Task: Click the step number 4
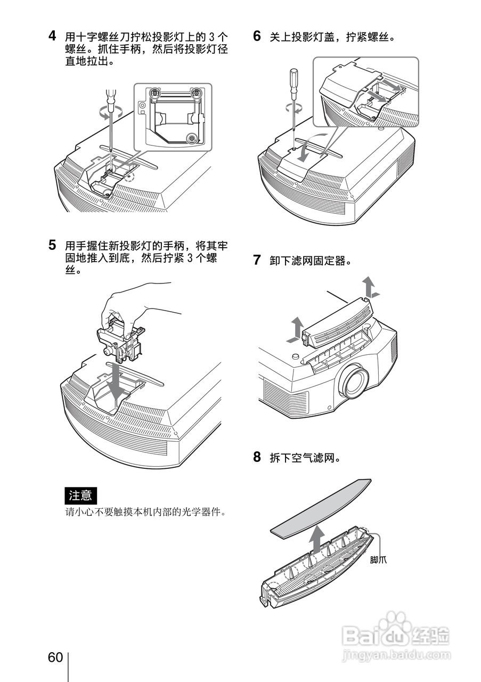[x=52, y=36]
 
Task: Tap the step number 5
[x=52, y=245]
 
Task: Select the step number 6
[x=257, y=36]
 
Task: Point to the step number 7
[x=257, y=260]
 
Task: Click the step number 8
[x=257, y=457]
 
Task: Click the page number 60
[x=55, y=657]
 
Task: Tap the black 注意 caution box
[x=80, y=496]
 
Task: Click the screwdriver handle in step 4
[x=111, y=98]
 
